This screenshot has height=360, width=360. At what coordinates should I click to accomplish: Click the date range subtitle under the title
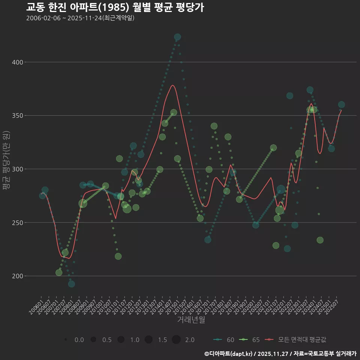tap(80, 18)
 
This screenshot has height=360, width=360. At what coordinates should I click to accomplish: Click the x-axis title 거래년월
tap(191, 320)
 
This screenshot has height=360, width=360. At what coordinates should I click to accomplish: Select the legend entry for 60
tap(225, 340)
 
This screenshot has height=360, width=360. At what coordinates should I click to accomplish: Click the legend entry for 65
tap(250, 340)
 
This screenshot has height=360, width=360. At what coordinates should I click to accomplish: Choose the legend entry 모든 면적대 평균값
tap(296, 340)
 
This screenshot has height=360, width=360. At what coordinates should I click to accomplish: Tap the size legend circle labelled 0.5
tap(93, 340)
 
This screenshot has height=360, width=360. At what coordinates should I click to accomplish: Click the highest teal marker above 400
tap(177, 37)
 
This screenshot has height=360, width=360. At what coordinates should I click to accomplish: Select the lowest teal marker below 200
tap(71, 284)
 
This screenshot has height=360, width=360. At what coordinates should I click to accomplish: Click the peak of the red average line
tap(172, 85)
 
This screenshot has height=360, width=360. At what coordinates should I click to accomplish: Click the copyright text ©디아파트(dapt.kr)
tap(229, 354)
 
